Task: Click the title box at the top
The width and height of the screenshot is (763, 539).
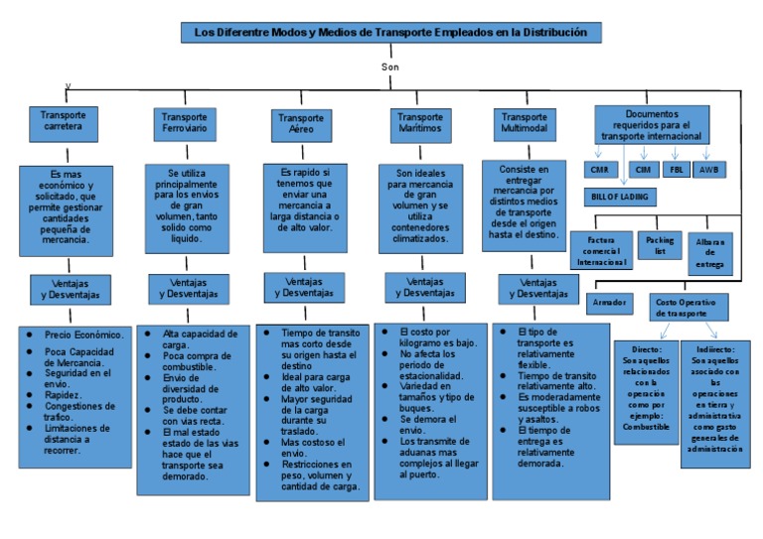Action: (x=391, y=34)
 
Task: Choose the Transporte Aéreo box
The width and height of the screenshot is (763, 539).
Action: (x=299, y=124)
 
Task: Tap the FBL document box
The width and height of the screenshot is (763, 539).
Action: (x=677, y=170)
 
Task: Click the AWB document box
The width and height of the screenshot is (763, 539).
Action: (x=708, y=170)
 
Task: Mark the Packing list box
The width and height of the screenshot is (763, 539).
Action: (x=660, y=245)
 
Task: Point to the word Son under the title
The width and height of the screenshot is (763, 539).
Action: (x=389, y=67)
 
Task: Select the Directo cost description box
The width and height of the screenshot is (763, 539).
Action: (x=646, y=391)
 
